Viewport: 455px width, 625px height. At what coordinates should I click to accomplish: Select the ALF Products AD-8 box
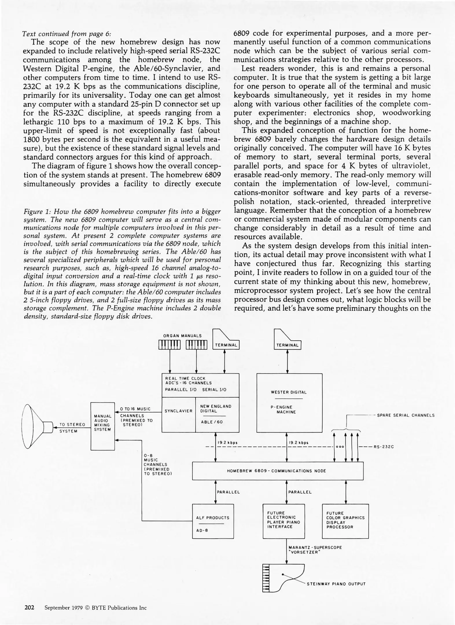(x=213, y=521)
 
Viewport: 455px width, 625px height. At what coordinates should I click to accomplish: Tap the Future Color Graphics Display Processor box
(x=345, y=521)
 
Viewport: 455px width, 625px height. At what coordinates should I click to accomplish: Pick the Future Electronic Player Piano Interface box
(x=283, y=521)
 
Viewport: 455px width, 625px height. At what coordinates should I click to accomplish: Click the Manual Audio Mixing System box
(x=103, y=426)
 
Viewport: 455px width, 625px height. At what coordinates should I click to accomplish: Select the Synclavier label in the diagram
(x=178, y=411)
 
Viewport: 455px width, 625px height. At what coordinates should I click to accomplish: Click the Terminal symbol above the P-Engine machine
(x=287, y=340)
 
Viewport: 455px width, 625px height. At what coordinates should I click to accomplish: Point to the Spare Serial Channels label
(x=406, y=415)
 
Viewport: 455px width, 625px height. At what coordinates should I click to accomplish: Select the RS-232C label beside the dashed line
(x=384, y=447)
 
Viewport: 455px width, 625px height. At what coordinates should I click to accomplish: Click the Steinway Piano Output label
(x=336, y=584)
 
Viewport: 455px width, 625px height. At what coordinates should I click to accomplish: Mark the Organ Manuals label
(x=182, y=336)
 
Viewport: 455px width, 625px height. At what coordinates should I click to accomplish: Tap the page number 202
(x=29, y=607)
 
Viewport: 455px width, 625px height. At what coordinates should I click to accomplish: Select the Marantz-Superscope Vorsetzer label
(x=315, y=549)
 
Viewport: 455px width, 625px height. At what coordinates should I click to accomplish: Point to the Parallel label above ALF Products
(x=228, y=492)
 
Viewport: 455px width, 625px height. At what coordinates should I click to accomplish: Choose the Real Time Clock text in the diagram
(x=185, y=378)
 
